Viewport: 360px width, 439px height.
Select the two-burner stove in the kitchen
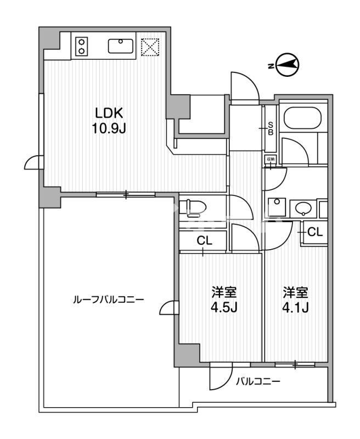82,46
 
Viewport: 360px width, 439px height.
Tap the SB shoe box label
271,128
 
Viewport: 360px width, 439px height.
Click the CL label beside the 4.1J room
314,232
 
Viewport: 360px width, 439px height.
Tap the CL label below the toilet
204,240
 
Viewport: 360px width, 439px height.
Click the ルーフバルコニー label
109,300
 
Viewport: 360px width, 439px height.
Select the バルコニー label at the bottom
258,381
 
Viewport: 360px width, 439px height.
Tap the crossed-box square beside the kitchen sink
149,47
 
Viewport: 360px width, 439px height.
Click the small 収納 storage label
271,159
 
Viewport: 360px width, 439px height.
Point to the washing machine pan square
275,207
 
